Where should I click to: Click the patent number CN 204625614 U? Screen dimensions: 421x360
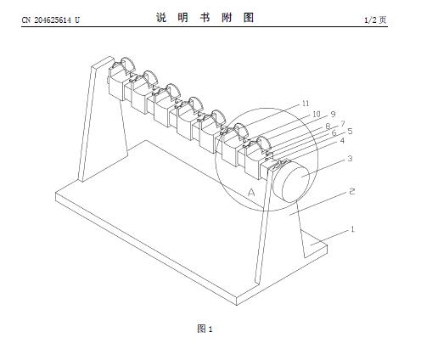[x=51, y=20]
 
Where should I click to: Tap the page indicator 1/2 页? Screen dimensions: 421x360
[x=375, y=20]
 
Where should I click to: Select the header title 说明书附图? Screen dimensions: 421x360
[x=205, y=18]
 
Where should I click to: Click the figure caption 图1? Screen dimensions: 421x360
[x=205, y=329]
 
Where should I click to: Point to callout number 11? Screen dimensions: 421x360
[x=306, y=104]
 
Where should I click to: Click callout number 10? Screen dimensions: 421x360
[x=317, y=114]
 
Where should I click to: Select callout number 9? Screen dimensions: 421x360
[x=334, y=114]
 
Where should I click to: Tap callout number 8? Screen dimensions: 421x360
[x=328, y=127]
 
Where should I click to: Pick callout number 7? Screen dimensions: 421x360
[x=343, y=124]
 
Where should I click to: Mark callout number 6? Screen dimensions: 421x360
[x=334, y=132]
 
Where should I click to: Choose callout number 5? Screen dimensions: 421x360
[x=350, y=132]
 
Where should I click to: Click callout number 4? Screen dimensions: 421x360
[x=342, y=141]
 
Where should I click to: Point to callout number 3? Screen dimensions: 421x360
[x=350, y=159]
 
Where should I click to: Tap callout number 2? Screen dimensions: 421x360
[x=351, y=192]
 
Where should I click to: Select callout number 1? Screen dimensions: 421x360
[x=352, y=229]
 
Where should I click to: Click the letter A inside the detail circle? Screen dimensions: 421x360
[x=251, y=193]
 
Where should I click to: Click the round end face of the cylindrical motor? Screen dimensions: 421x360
[x=295, y=184]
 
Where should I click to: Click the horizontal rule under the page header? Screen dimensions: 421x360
[x=205, y=27]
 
